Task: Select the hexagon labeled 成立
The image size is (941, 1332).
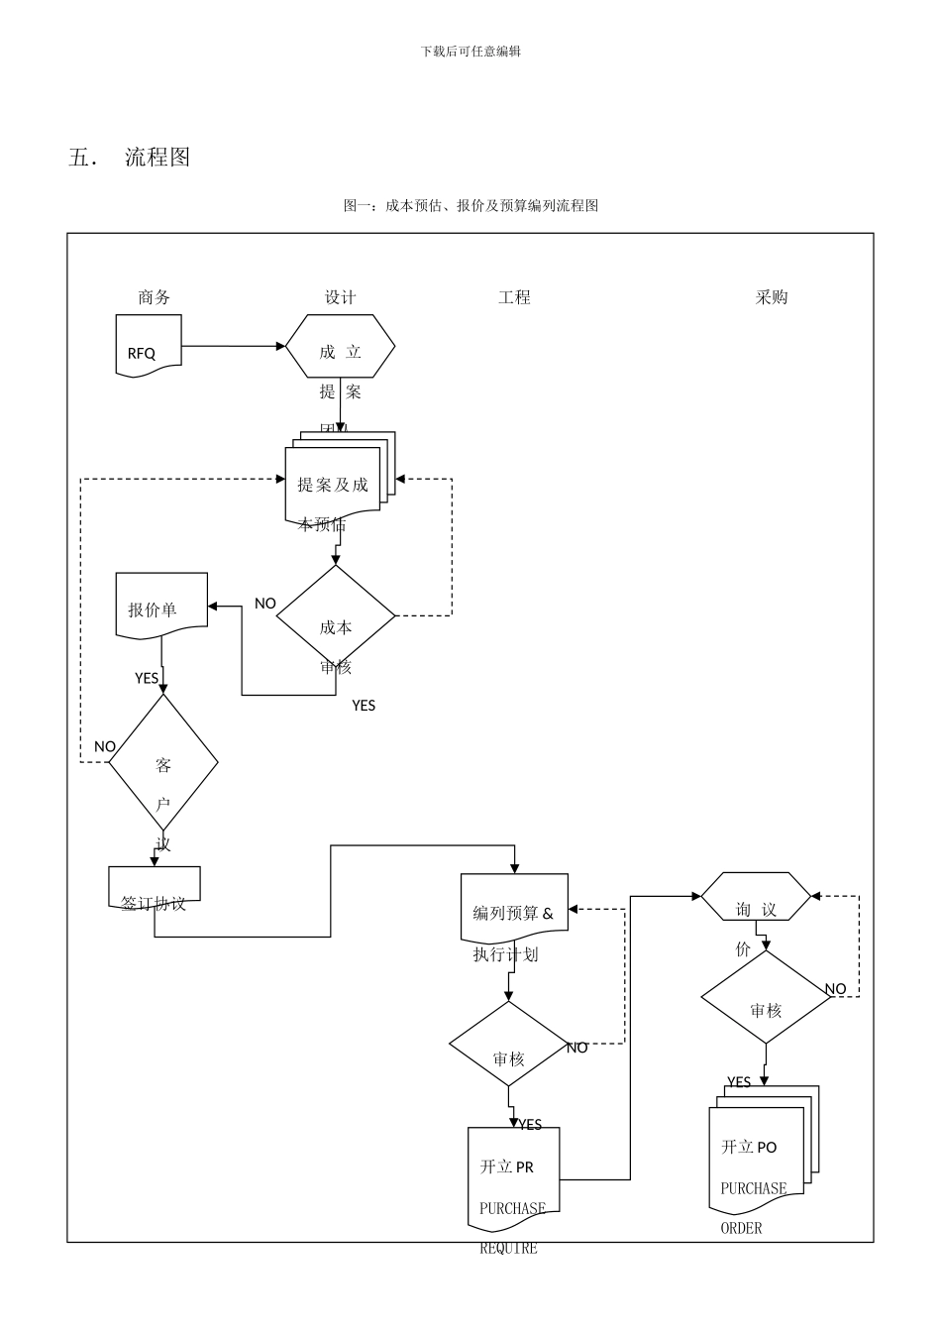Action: pyautogui.click(x=340, y=347)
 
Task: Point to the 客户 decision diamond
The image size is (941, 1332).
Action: pyautogui.click(x=163, y=762)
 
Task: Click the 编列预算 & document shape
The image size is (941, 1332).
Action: pyautogui.click(x=514, y=907)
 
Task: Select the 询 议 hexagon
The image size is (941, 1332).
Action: pyautogui.click(x=756, y=897)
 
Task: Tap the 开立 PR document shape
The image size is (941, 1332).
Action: pyautogui.click(x=513, y=1174)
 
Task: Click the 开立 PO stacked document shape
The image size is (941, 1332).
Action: pyautogui.click(x=759, y=1155)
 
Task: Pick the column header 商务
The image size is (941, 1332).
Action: pyautogui.click(x=155, y=297)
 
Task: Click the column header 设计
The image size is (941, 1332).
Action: pyautogui.click(x=340, y=297)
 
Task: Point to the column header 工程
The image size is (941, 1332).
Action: pyautogui.click(x=514, y=297)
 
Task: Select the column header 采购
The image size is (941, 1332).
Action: pyautogui.click(x=771, y=297)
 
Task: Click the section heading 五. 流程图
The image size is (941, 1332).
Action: pyautogui.click(x=130, y=158)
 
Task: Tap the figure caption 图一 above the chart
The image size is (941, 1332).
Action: pyautogui.click(x=470, y=206)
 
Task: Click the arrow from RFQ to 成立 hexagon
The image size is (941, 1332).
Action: pyautogui.click(x=234, y=346)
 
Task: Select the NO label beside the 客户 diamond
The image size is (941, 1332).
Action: pyautogui.click(x=105, y=746)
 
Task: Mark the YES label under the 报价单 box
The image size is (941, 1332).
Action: pyautogui.click(x=147, y=678)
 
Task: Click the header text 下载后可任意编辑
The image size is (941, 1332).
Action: pyautogui.click(x=470, y=52)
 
